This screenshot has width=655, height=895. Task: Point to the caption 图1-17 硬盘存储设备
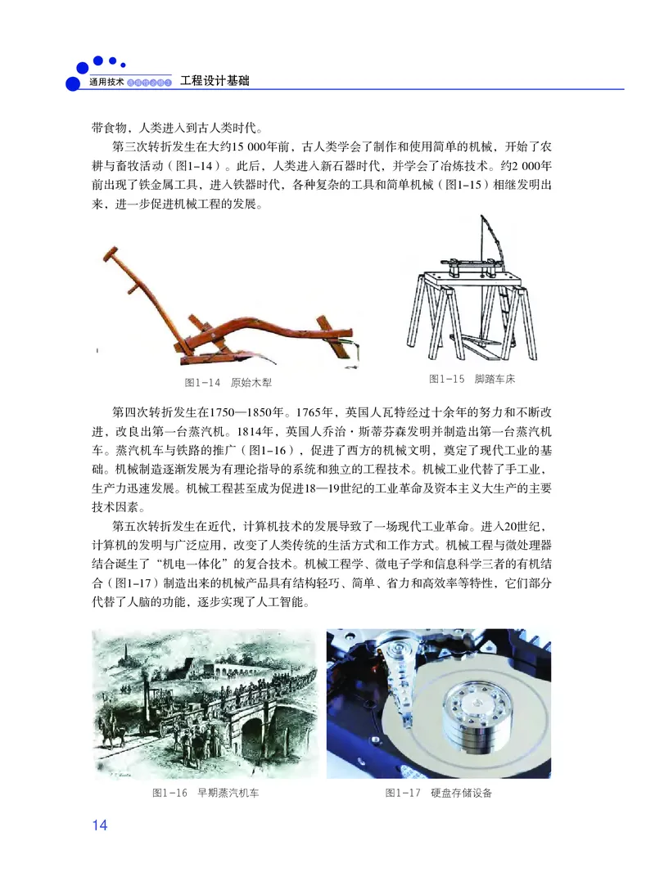(439, 793)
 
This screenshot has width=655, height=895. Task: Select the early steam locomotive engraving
(204, 704)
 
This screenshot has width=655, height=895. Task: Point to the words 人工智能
(292, 603)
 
